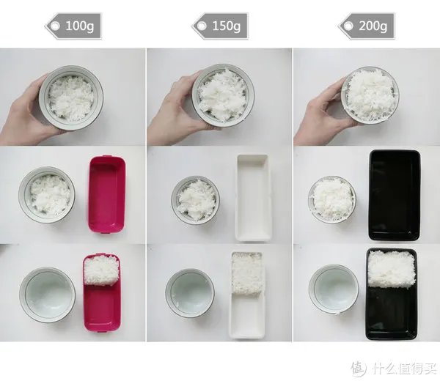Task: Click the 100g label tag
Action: click(73, 26)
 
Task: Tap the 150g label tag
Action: click(220, 26)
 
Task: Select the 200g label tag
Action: click(367, 26)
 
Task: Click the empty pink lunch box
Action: click(107, 194)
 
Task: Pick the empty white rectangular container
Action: click(254, 198)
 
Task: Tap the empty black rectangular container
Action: click(395, 196)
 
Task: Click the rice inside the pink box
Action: click(102, 270)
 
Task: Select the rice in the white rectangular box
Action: click(246, 273)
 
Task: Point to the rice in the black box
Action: click(391, 269)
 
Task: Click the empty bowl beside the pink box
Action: click(48, 295)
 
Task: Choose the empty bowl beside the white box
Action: click(190, 293)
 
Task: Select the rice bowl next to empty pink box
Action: click(47, 195)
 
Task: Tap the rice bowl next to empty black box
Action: click(332, 199)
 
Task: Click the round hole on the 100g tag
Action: click(55, 26)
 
